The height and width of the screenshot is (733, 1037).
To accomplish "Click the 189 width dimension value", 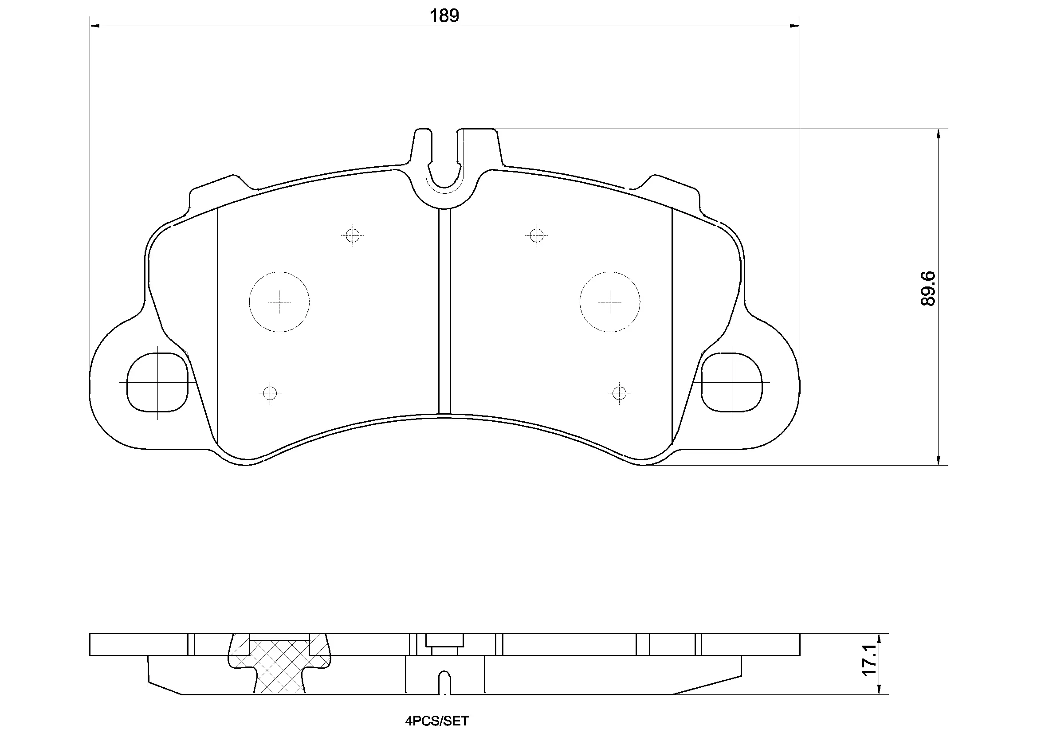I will tap(444, 16).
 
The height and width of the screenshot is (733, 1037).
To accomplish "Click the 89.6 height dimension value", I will tap(929, 289).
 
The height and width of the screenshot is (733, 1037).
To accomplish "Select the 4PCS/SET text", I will tap(437, 721).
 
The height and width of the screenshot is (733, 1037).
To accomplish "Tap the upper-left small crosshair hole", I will tap(352, 235).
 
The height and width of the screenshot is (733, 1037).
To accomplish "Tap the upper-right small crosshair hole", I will tap(536, 235).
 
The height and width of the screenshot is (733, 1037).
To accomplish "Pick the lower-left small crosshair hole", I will tap(270, 393).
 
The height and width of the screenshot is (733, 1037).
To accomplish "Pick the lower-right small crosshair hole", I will tap(619, 393).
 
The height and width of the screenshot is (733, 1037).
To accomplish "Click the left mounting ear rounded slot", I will tap(157, 382).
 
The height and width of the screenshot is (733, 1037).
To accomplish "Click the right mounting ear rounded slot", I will tap(732, 382).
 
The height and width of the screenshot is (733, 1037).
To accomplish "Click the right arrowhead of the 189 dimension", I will tap(795, 26).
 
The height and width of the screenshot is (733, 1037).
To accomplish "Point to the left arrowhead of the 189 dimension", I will tap(95, 26).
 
